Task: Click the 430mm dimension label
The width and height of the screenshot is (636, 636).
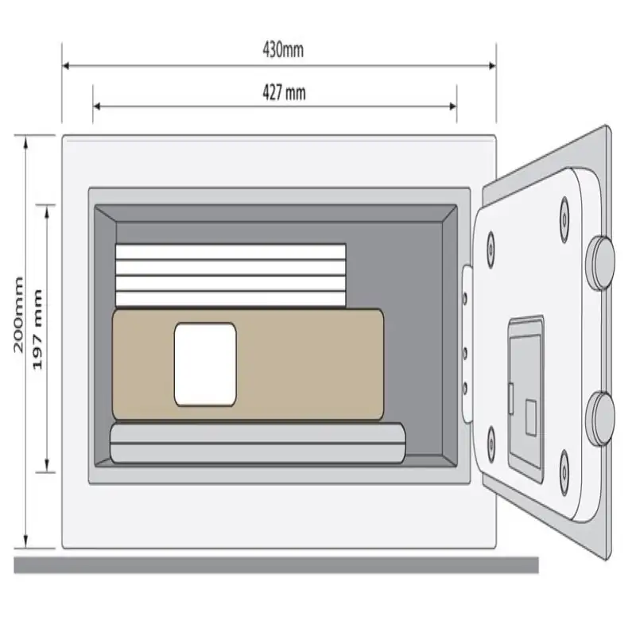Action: (x=283, y=50)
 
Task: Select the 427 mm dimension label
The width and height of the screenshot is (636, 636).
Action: (x=284, y=93)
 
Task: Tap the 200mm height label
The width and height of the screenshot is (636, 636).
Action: (x=18, y=315)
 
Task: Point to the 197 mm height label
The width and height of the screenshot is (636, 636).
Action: (x=37, y=329)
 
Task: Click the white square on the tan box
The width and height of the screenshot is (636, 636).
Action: (x=205, y=364)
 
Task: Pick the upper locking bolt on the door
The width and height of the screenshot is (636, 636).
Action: (x=601, y=263)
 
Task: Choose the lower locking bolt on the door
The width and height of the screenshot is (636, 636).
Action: (x=600, y=418)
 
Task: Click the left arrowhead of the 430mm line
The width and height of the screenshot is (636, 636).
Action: (x=66, y=66)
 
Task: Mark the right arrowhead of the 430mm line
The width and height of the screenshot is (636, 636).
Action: (x=492, y=66)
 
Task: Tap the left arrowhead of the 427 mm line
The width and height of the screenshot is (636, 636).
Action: (x=97, y=107)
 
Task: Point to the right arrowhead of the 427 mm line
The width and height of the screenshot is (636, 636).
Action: (x=453, y=107)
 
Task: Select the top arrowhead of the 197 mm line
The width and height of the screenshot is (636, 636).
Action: (x=47, y=210)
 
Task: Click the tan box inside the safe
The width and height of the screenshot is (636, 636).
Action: (x=248, y=364)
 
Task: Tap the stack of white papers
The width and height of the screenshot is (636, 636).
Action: (x=231, y=275)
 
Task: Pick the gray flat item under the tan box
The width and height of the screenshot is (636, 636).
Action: (x=258, y=443)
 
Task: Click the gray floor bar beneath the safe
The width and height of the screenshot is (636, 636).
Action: (x=276, y=565)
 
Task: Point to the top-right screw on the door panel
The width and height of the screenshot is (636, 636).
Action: (x=564, y=220)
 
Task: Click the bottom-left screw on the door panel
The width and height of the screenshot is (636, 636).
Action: (x=491, y=449)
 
